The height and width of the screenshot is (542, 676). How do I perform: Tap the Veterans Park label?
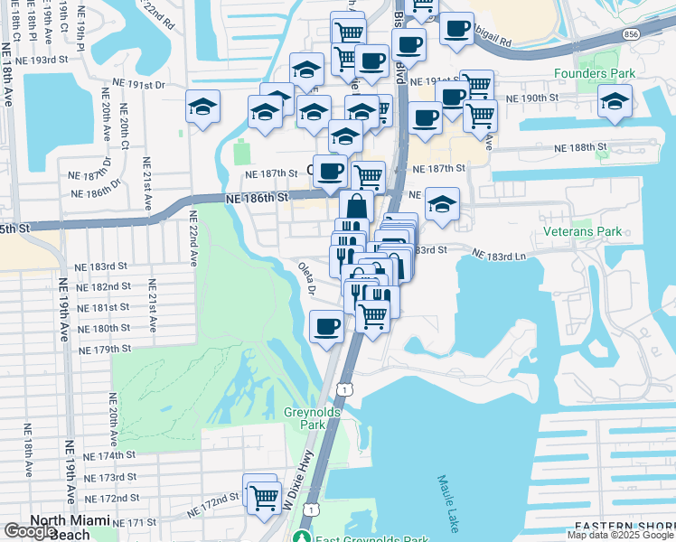coord(584,232)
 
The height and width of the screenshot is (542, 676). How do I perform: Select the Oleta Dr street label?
coord(307,279)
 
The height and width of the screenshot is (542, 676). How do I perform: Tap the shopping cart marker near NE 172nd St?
coord(263,496)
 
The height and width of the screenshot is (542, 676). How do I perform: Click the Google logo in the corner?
coord(30,531)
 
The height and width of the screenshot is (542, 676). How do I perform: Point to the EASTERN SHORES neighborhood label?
coord(624,527)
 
